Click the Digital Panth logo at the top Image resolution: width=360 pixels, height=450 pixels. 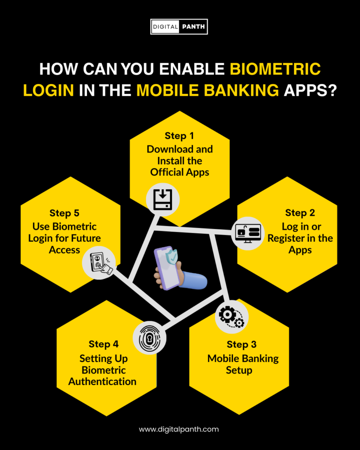pos(179,27)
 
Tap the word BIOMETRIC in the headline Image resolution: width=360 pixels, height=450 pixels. pos(276,70)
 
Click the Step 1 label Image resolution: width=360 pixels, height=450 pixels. pos(179,135)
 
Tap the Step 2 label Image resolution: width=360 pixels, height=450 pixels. pos(300,213)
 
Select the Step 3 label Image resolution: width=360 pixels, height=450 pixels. pos(242,344)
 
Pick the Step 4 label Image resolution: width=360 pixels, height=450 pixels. pos(104,344)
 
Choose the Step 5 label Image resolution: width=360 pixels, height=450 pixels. pos(64,213)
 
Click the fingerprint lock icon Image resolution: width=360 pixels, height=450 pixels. pos(149,337)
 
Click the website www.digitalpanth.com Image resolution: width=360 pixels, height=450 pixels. pos(179,429)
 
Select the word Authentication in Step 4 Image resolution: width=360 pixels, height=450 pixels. pos(102,381)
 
